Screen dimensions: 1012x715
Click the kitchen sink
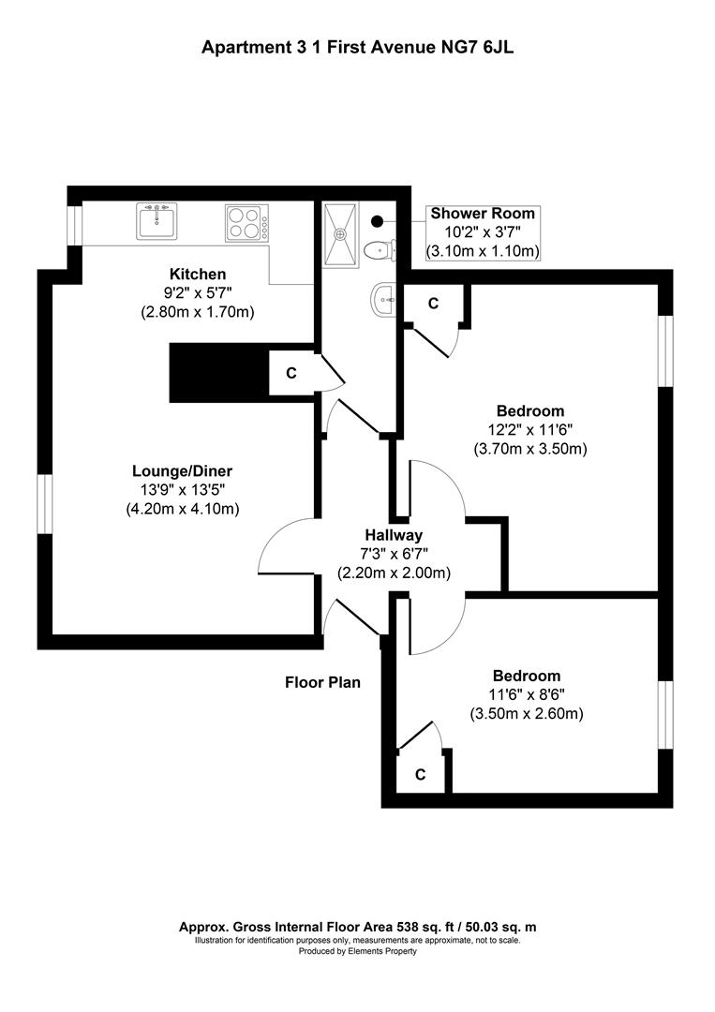point(156,221)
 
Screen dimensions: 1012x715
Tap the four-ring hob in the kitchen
point(246,223)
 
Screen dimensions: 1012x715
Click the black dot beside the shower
point(377,221)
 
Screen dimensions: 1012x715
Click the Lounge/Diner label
point(182,471)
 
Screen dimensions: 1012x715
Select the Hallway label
point(395,535)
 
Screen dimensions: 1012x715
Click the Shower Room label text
point(483,214)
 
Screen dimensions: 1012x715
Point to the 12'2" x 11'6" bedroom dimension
point(530,429)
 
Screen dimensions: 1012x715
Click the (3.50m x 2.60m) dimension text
point(527,714)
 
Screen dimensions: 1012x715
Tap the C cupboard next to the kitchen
point(291,373)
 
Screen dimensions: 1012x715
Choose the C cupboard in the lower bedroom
point(420,774)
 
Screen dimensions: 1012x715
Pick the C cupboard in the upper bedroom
point(433,303)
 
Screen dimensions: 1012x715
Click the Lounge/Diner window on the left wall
point(44,505)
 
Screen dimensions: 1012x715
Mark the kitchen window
point(74,225)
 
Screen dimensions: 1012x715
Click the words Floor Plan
point(322,682)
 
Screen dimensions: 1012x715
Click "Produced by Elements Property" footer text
point(357,951)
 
